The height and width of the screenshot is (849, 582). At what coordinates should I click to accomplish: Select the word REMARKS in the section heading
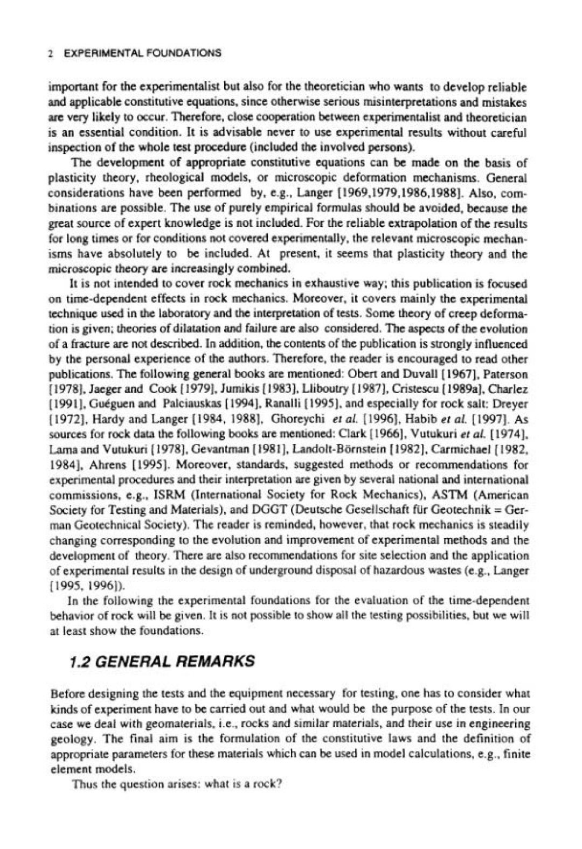coord(216,661)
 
